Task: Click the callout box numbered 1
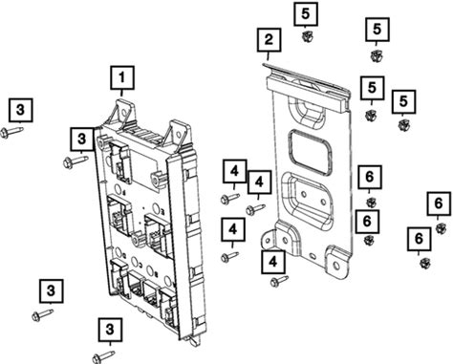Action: pyautogui.click(x=122, y=77)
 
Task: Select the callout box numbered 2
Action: pyautogui.click(x=270, y=40)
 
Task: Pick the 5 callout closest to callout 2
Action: pyautogui.click(x=306, y=14)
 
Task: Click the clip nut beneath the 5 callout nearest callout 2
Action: pyautogui.click(x=307, y=36)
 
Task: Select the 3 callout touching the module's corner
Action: pyautogui.click(x=82, y=139)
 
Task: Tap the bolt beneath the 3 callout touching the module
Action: pyautogui.click(x=75, y=161)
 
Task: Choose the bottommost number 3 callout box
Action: pyautogui.click(x=110, y=330)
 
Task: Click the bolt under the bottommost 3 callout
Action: pyautogui.click(x=103, y=356)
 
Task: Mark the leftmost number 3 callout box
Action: pyautogui.click(x=21, y=110)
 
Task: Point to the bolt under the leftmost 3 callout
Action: pyautogui.click(x=11, y=132)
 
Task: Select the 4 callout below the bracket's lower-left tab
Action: pyautogui.click(x=273, y=262)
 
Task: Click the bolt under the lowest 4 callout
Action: pyautogui.click(x=279, y=281)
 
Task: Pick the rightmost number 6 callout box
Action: pyautogui.click(x=439, y=203)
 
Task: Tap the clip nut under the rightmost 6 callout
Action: pyautogui.click(x=441, y=228)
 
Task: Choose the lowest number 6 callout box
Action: pyautogui.click(x=419, y=239)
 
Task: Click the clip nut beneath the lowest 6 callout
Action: pyautogui.click(x=425, y=263)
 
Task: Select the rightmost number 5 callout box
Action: pyautogui.click(x=403, y=101)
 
